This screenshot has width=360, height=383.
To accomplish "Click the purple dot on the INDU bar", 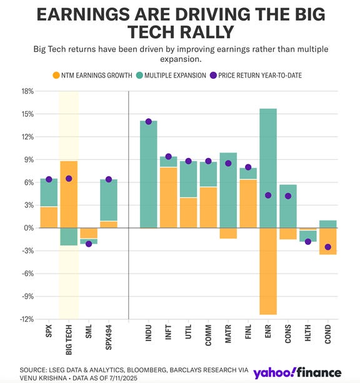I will [149, 121].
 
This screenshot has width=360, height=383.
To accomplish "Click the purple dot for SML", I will [89, 244].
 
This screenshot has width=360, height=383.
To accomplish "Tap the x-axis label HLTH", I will [307, 336].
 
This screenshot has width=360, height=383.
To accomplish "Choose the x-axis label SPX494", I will [109, 340].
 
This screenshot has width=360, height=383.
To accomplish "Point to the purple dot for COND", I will [327, 247].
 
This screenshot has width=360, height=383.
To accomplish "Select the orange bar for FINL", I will [247, 204].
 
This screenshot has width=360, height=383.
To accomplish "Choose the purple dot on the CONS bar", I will [287, 196].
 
